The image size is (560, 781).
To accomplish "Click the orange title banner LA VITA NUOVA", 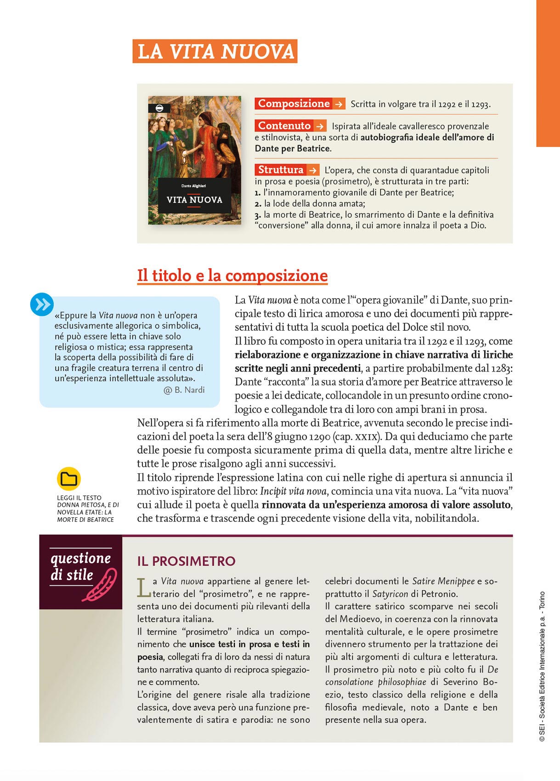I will pyautogui.click(x=215, y=51).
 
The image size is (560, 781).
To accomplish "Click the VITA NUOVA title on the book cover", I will pyautogui.click(x=194, y=200).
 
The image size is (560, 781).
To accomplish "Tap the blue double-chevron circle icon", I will pyautogui.click(x=42, y=304).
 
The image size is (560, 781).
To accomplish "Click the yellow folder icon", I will pyautogui.click(x=69, y=479).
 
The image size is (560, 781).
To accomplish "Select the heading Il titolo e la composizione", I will pyautogui.click(x=232, y=276).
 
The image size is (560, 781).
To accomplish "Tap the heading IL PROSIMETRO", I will pyautogui.click(x=186, y=561).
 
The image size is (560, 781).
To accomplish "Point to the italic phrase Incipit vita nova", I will pyautogui.click(x=293, y=491).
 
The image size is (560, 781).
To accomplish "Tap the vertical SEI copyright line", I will pyautogui.click(x=542, y=666).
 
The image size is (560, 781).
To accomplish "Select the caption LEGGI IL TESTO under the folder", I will pyautogui.click(x=79, y=498).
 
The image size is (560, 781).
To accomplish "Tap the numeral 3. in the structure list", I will pyautogui.click(x=258, y=215).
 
